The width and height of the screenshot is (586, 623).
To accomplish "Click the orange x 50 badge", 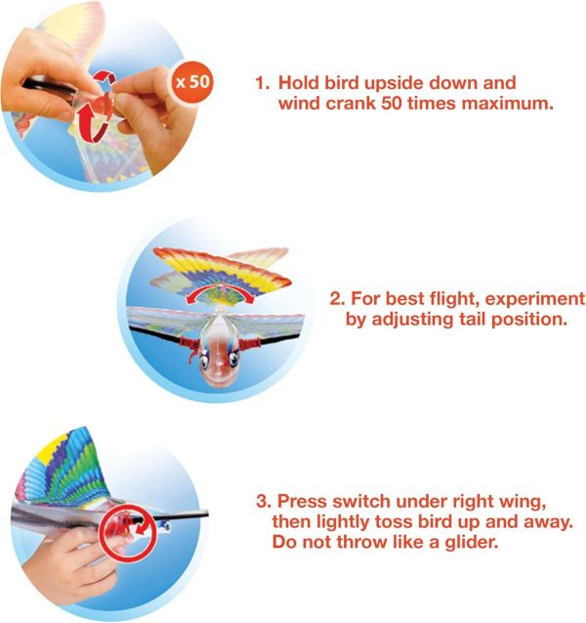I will coord(191,81).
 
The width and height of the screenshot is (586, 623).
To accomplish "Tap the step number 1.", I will coord(261,83).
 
